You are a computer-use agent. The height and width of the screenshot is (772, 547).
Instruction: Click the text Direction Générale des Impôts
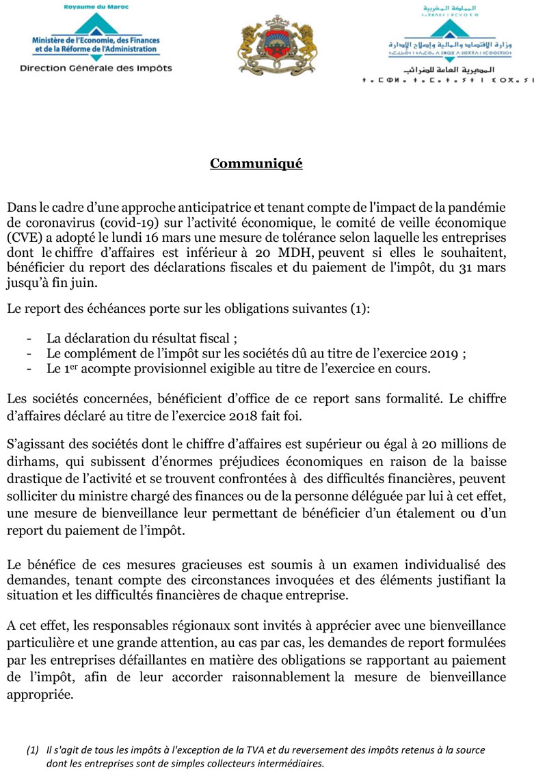pos(96,68)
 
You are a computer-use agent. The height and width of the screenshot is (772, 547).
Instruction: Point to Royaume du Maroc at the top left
pos(96,7)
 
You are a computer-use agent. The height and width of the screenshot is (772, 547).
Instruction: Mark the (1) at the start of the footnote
pos(33,751)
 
